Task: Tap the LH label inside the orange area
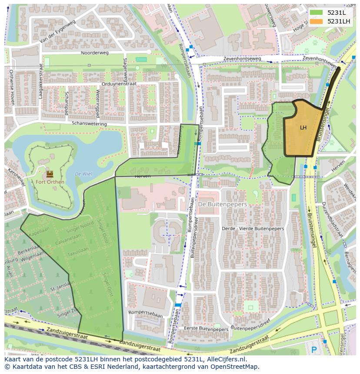(x=303, y=128)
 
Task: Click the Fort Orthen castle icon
(x=50, y=173)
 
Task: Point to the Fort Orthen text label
(x=50, y=182)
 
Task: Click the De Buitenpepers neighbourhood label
(x=222, y=204)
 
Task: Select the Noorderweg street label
(x=93, y=53)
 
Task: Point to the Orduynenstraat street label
(x=119, y=84)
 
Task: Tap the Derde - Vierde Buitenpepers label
(x=253, y=228)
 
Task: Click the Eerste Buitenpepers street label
(x=206, y=329)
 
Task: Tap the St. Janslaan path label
(x=61, y=287)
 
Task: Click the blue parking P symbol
(x=314, y=349)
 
